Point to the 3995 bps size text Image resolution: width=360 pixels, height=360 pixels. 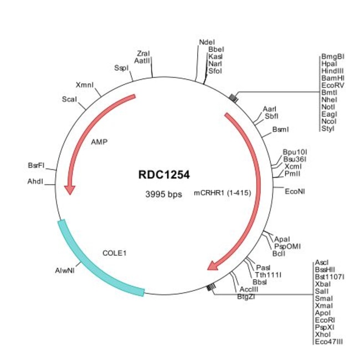point(163,194)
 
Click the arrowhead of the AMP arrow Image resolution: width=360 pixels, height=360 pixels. point(69,189)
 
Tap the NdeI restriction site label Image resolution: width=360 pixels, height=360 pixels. point(207,42)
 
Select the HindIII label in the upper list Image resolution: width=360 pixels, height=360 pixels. point(332,71)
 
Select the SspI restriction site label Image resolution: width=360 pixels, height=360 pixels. point(121,68)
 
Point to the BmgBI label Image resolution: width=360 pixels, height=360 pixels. point(332,57)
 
